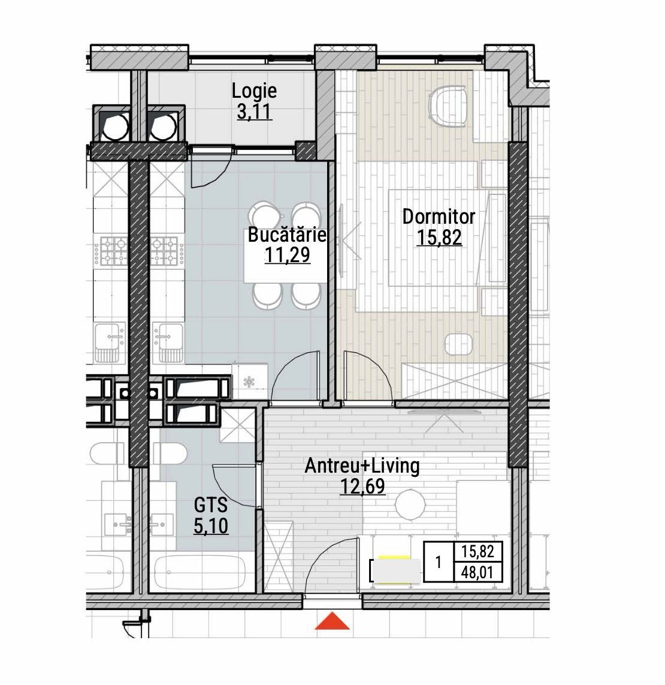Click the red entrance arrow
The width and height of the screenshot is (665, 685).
(332, 621)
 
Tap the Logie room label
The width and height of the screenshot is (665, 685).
(254, 91)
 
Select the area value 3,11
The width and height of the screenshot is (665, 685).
(255, 112)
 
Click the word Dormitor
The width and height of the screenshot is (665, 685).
(439, 217)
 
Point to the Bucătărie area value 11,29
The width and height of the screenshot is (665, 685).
(287, 255)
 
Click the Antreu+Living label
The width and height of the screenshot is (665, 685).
(362, 465)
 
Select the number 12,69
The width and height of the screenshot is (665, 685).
(362, 486)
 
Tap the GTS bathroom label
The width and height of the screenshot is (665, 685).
(211, 505)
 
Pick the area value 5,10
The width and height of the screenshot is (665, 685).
(211, 525)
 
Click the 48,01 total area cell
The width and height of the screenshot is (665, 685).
(477, 572)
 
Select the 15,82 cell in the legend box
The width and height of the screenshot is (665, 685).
(477, 552)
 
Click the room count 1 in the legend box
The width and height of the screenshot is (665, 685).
(439, 562)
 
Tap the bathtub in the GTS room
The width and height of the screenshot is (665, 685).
(199, 573)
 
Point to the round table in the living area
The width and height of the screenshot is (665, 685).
(410, 504)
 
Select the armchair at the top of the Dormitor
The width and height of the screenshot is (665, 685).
(448, 107)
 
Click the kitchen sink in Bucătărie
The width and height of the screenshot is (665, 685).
(168, 342)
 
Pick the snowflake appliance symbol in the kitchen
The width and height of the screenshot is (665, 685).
(249, 382)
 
